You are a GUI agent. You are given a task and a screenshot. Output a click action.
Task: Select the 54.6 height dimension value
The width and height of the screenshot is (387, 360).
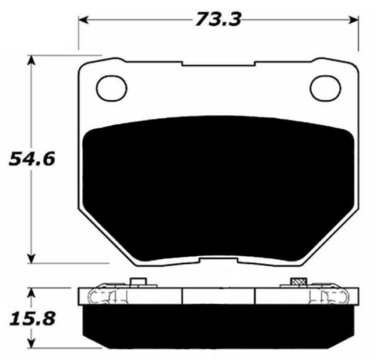[x=32, y=158]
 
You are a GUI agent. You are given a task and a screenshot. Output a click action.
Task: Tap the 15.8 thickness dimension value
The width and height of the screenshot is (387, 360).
[x=32, y=319]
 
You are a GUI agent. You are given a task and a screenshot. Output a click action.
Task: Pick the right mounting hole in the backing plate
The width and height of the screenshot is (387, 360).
[x=325, y=88]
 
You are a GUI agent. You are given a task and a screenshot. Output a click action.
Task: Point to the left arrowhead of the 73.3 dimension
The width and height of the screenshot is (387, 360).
[x=83, y=20]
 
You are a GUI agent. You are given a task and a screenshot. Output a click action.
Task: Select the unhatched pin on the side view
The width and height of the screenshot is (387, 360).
[x=138, y=283]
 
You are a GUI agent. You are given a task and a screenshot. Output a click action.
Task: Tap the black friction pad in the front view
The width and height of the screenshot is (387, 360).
[x=219, y=186]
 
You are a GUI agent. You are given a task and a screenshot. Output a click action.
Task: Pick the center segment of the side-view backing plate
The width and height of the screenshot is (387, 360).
[x=219, y=296]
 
